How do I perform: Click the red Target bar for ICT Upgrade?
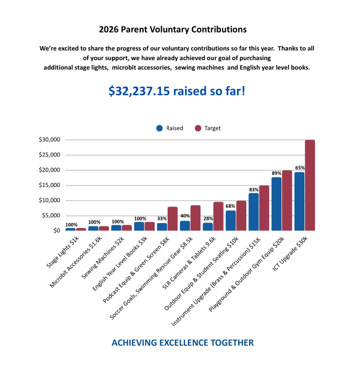click(x=310, y=185)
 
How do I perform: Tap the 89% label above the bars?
click(x=277, y=173)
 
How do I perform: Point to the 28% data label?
click(x=208, y=218)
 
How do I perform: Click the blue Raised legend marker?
click(x=159, y=128)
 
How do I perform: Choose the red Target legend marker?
click(x=198, y=128)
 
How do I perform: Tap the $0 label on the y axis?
click(x=56, y=231)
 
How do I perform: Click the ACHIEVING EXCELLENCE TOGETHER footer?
click(x=182, y=343)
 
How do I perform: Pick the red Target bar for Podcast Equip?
click(x=173, y=219)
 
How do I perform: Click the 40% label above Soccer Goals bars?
click(x=185, y=216)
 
